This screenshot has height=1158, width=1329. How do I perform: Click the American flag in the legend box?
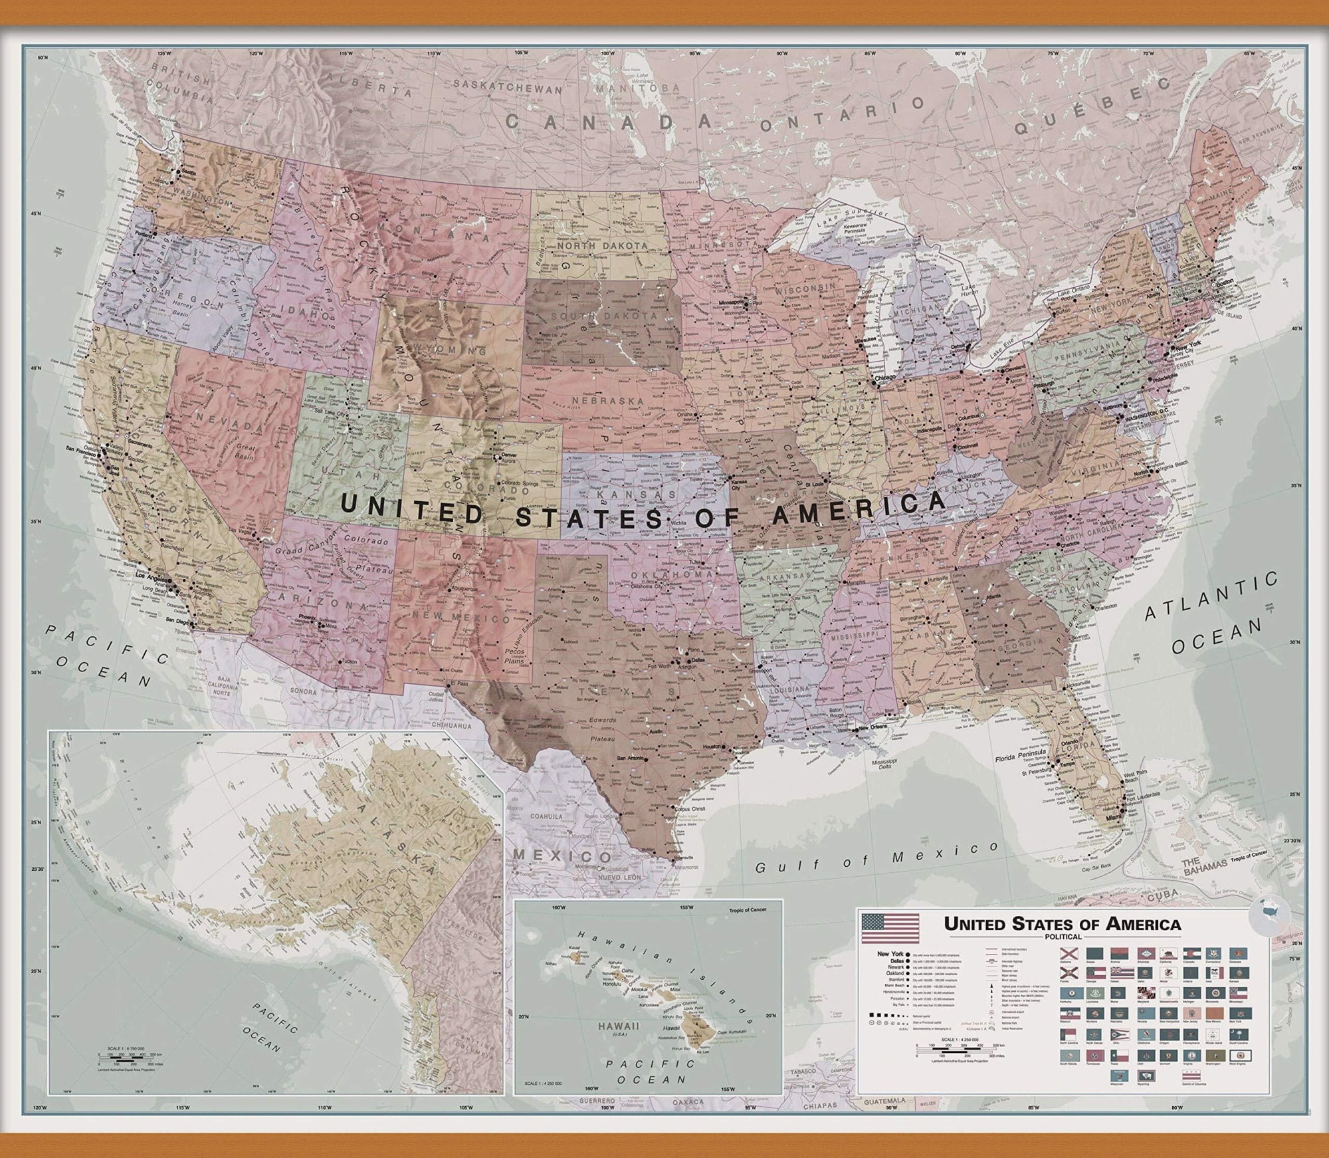coord(890,928)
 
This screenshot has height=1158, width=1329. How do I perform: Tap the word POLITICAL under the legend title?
coord(1063,937)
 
